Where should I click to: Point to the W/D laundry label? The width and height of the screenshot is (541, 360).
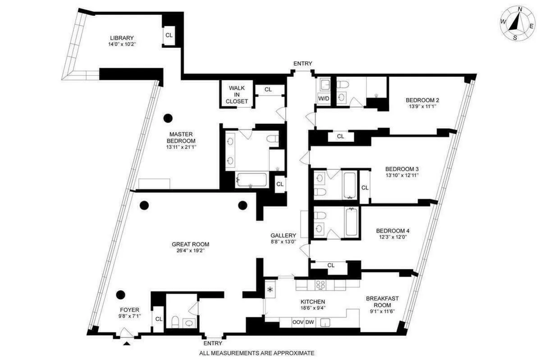click(x=323, y=98)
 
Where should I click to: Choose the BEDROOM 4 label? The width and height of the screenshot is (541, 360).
click(x=393, y=231)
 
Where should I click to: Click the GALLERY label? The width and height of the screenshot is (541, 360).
click(x=283, y=236)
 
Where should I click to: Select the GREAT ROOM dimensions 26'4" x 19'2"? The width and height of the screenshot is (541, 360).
click(x=190, y=251)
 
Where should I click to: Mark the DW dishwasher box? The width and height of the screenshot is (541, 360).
click(x=310, y=322)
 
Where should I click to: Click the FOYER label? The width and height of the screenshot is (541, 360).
click(x=129, y=310)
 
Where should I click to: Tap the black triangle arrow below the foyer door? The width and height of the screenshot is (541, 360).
click(x=127, y=344)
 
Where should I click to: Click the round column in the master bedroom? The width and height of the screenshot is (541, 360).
click(x=168, y=118)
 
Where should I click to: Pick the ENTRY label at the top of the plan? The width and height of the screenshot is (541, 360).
click(x=303, y=64)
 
